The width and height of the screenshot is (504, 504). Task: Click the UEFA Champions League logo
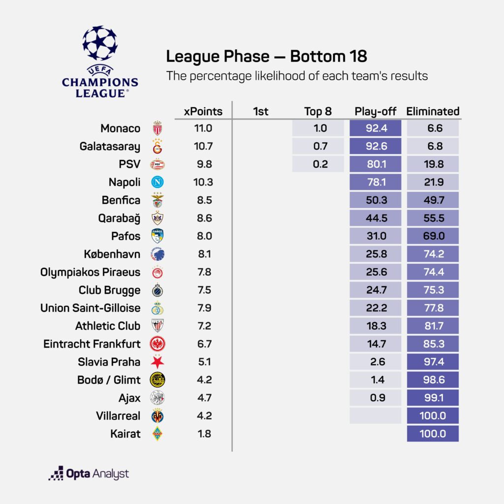tap(100, 61)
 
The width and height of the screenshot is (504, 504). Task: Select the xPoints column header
tap(203, 111)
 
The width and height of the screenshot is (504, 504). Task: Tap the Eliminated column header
tap(433, 111)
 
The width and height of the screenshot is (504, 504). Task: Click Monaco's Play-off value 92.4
tap(377, 128)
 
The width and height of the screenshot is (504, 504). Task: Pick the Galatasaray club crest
tap(157, 147)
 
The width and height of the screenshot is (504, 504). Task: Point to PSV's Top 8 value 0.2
tap(320, 164)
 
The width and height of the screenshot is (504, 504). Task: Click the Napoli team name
tap(125, 182)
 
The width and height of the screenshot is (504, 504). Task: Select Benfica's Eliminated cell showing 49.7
tap(433, 200)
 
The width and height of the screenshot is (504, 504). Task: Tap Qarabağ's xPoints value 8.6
tap(203, 218)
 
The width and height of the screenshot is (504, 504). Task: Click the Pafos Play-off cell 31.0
tap(377, 236)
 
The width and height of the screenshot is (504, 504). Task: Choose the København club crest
tap(157, 254)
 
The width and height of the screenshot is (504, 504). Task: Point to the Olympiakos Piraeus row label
tap(90, 272)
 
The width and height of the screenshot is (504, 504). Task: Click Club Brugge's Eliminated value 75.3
tap(433, 290)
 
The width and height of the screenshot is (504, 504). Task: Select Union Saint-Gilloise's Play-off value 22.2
tap(377, 308)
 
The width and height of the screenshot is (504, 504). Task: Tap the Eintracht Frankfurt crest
tap(157, 344)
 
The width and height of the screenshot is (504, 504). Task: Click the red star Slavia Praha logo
tap(157, 362)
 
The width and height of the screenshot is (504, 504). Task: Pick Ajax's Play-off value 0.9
tap(377, 398)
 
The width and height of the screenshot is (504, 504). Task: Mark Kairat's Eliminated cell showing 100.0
tap(433, 434)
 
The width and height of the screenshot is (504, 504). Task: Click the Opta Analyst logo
tap(89, 473)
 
